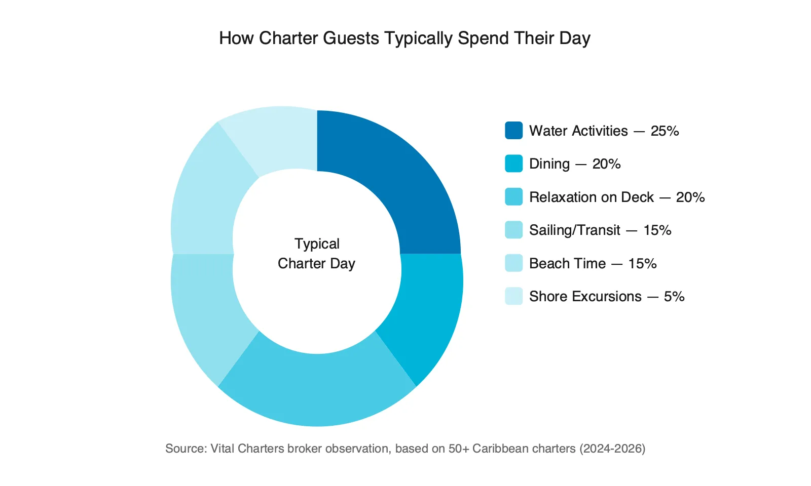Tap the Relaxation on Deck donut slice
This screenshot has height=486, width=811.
point(317,390)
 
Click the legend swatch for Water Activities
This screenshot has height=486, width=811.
point(513,131)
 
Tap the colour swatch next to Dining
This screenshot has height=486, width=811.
point(513,164)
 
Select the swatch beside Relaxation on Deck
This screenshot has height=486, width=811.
point(513,197)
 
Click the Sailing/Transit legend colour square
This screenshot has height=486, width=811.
point(513,230)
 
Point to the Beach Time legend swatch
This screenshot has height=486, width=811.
point(513,263)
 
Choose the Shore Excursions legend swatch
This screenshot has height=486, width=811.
point(513,296)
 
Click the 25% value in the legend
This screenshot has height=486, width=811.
point(665,131)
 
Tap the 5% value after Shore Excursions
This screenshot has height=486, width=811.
point(674,297)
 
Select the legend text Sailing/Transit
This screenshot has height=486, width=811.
point(574,230)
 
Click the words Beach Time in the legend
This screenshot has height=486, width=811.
point(567,264)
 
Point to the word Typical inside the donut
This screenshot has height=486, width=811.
point(317,244)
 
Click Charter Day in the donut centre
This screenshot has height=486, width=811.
point(316,264)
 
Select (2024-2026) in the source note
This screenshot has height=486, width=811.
point(612,449)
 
